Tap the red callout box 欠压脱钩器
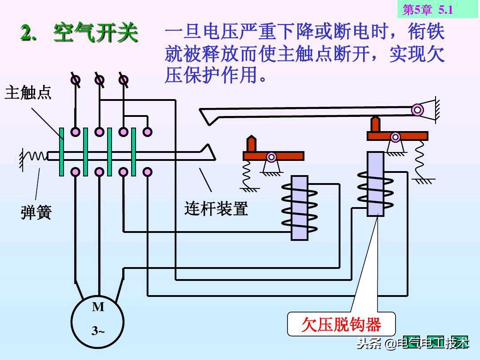(341, 324)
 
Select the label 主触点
(28, 92)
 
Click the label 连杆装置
(216, 208)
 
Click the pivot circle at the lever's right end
(417, 109)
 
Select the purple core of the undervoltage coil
(376, 184)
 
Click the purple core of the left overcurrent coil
(300, 208)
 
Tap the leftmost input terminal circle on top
(76, 80)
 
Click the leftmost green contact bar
(61, 152)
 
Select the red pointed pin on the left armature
(252, 144)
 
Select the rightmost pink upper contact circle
(147, 132)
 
